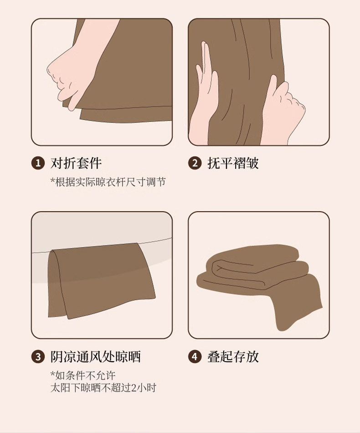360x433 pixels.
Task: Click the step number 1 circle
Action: tap(38, 163)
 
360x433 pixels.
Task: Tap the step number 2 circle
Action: tap(195, 163)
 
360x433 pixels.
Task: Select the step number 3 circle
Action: tap(38, 357)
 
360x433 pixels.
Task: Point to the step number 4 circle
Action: tap(195, 357)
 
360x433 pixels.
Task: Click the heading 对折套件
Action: tap(76, 163)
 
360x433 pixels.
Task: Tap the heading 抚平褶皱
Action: tap(233, 163)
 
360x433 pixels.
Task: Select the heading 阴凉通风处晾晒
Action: tap(96, 357)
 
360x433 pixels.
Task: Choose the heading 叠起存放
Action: tap(233, 357)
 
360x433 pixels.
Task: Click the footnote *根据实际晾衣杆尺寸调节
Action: tap(108, 182)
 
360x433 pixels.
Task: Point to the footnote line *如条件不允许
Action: tap(83, 376)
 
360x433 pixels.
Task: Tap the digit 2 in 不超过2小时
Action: tap(134, 388)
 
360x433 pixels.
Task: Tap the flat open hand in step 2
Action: tap(205, 94)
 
